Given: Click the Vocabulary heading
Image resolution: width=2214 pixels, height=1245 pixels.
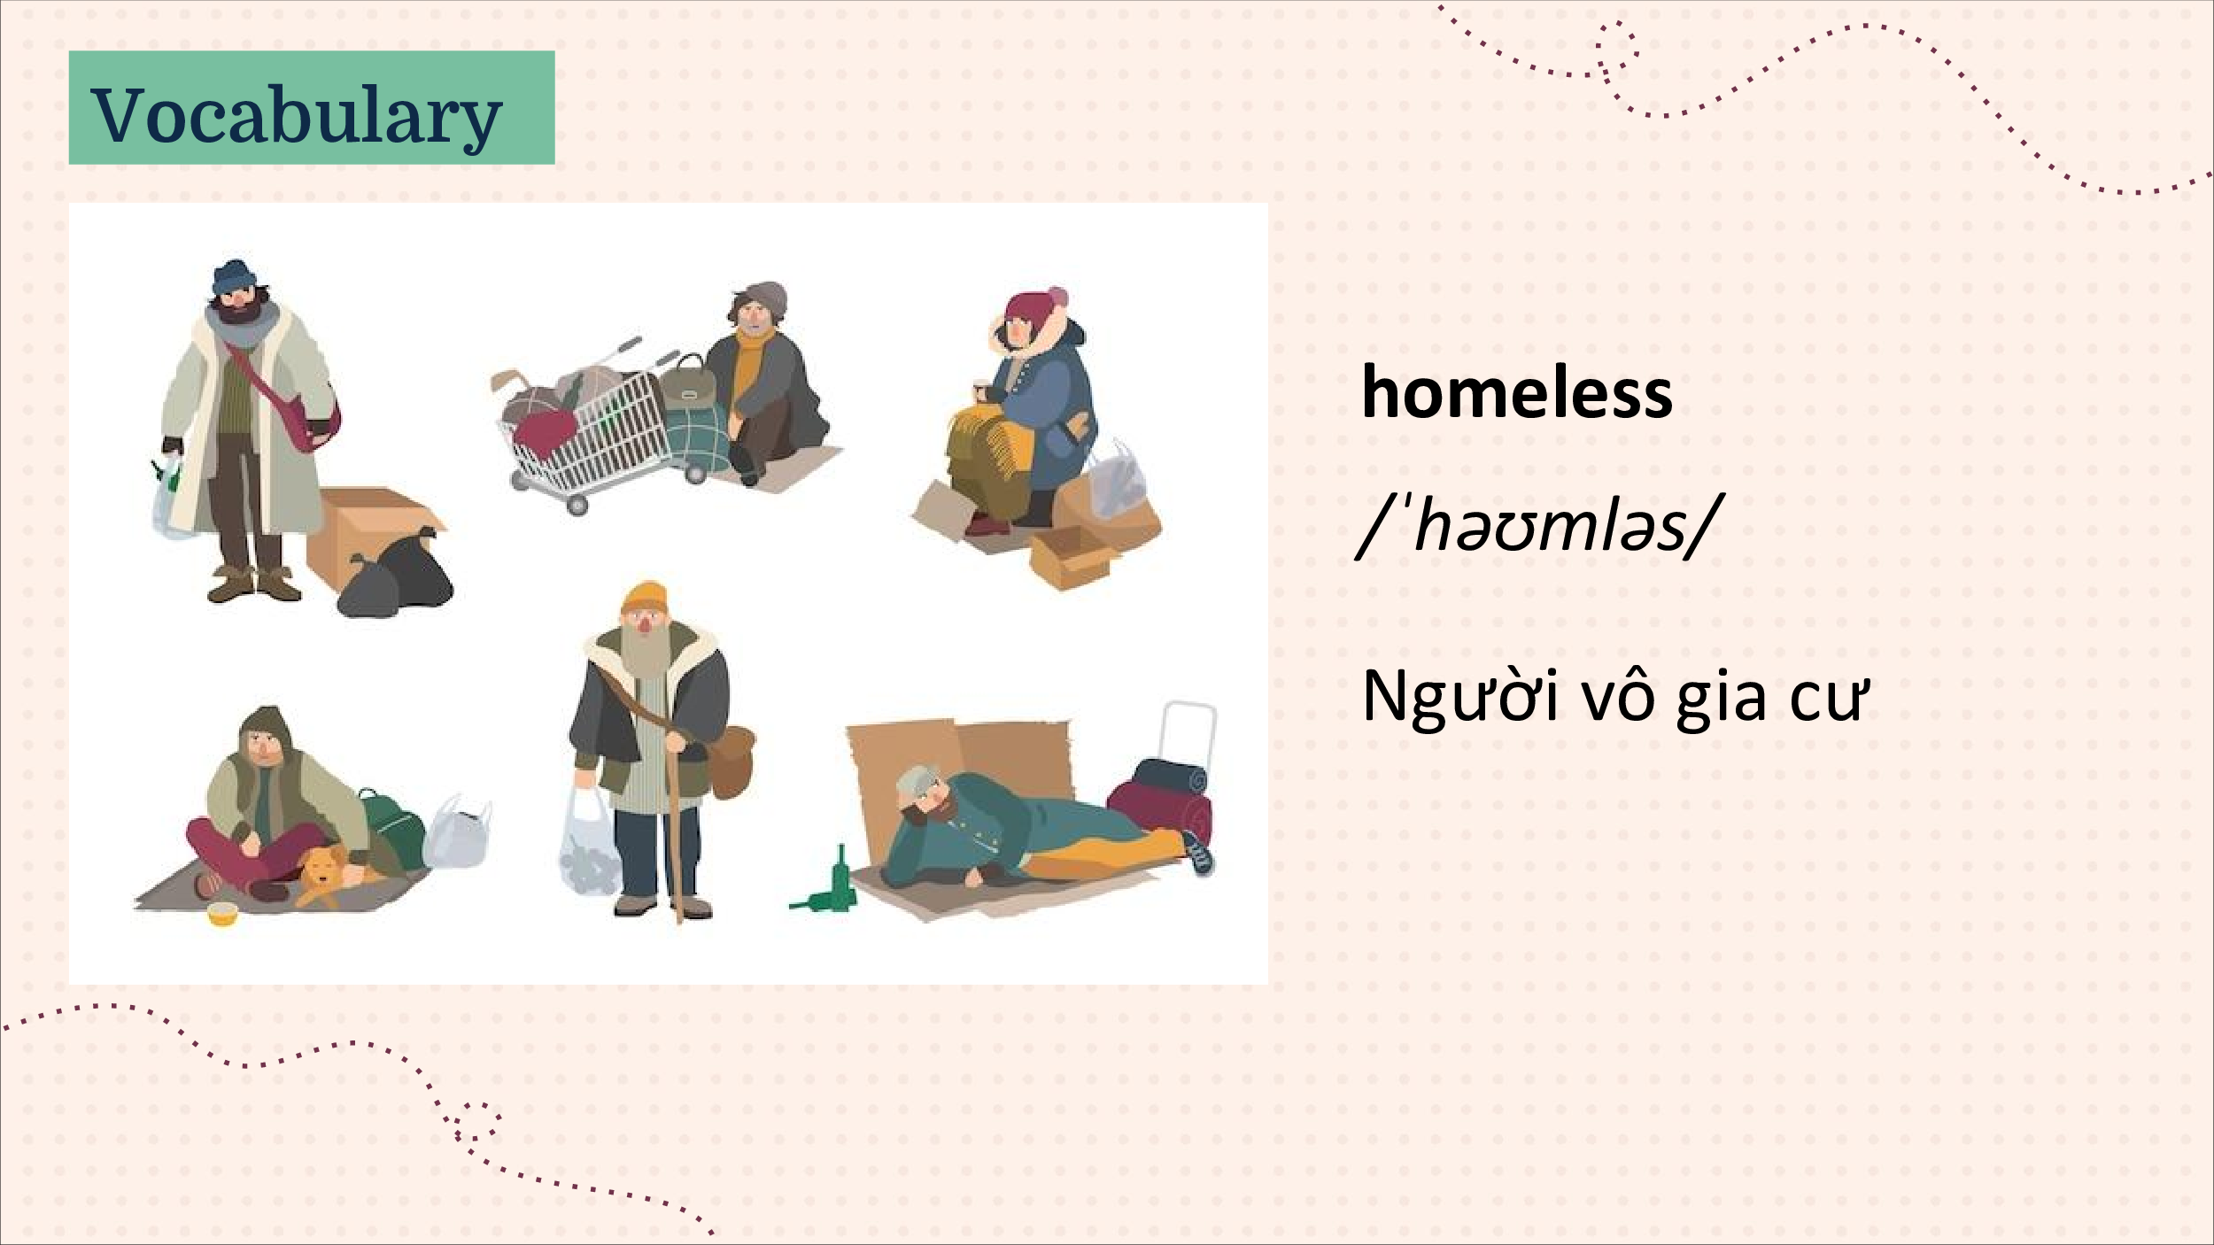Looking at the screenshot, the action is click(x=297, y=114).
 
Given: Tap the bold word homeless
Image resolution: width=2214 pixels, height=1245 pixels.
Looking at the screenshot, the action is click(x=1516, y=391).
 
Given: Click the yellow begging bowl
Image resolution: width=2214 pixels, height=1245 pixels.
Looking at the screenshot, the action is click(x=221, y=915).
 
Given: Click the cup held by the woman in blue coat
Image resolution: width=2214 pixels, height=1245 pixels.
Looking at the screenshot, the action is click(x=980, y=389).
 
